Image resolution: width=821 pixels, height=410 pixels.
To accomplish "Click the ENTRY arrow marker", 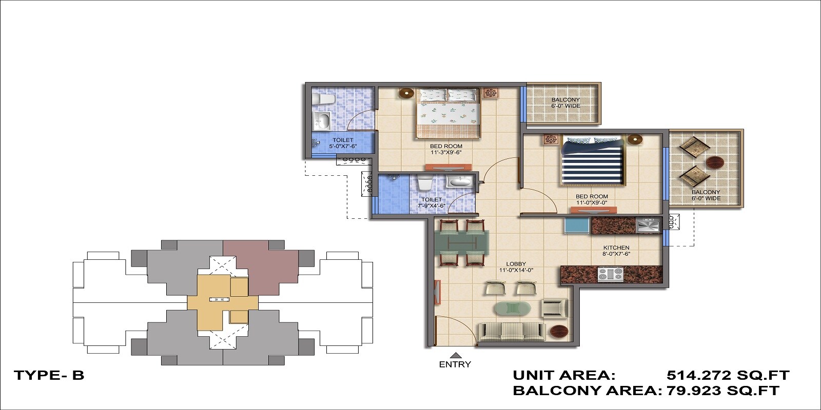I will [x=455, y=355].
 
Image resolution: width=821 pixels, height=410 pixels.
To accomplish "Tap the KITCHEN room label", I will [x=616, y=251].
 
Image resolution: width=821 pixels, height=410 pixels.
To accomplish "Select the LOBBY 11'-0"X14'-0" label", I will [x=516, y=267].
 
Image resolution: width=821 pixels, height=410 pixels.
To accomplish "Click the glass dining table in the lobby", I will [x=461, y=242].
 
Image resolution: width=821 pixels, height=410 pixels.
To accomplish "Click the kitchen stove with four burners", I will [x=610, y=274].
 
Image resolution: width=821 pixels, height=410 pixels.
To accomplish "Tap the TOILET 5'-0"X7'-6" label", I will [x=343, y=143].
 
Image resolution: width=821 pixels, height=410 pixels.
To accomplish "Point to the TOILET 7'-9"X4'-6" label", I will [x=431, y=202].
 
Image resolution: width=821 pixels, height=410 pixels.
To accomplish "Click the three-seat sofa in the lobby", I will [x=512, y=332].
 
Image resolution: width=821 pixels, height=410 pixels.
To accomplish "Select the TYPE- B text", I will [x=49, y=375].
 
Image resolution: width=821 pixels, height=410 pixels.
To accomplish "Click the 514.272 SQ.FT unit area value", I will [x=728, y=375].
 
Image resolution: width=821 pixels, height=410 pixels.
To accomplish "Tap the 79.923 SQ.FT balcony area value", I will [x=722, y=391].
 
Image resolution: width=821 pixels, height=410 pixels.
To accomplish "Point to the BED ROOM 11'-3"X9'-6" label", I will [x=446, y=149].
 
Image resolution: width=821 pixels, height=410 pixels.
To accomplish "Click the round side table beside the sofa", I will [x=559, y=332].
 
